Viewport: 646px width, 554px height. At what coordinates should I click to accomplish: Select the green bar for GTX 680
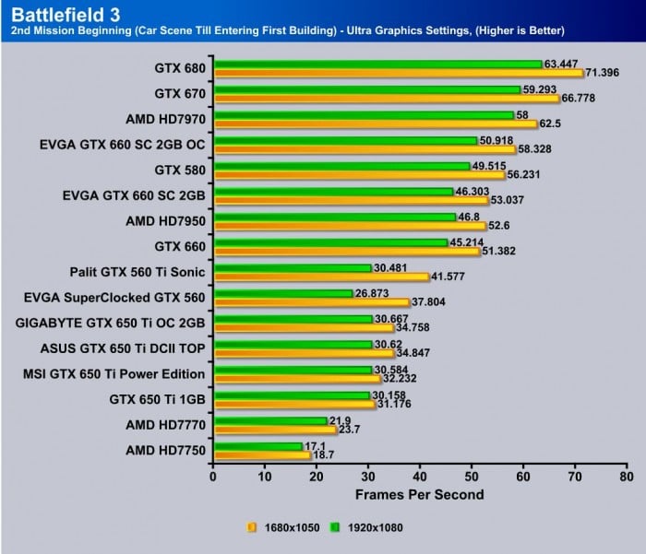click(377, 64)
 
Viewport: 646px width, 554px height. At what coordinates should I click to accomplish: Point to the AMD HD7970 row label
click(164, 119)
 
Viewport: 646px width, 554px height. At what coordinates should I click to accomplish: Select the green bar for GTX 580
click(341, 166)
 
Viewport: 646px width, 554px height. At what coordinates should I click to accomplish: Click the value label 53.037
click(510, 200)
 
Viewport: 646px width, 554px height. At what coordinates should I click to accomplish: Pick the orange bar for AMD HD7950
click(349, 226)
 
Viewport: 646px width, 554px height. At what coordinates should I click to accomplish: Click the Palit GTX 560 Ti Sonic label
click(138, 272)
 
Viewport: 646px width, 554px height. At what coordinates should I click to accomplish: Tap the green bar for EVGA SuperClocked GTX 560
click(282, 294)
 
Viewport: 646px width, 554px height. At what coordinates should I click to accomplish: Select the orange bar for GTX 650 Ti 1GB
click(293, 404)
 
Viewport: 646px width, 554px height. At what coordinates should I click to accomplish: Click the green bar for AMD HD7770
click(269, 421)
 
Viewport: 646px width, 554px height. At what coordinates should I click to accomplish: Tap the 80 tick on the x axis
click(627, 477)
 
